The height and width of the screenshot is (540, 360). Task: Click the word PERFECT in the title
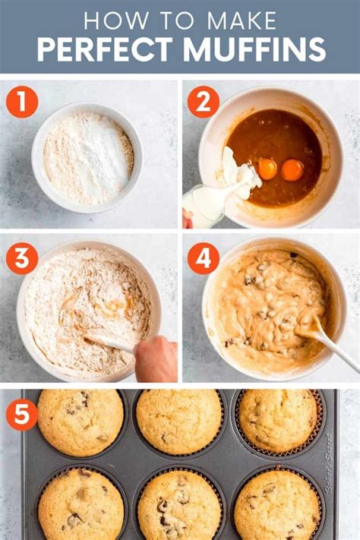coord(103,49)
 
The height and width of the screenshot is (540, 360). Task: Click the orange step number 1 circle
coord(22,102)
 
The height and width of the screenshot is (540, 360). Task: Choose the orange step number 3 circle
coord(22,258)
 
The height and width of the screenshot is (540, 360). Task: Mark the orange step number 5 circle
coord(22,415)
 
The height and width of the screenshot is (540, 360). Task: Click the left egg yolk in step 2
coord(267,169)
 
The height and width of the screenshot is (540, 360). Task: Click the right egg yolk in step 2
coord(292,169)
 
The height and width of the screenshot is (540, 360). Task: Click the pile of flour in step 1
coord(88,157)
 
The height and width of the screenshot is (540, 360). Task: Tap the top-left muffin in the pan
coord(81,422)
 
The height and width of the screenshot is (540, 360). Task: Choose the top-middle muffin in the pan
coord(179,421)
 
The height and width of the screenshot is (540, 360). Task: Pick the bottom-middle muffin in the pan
coord(179,506)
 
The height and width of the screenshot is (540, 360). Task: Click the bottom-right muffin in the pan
coord(276,504)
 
